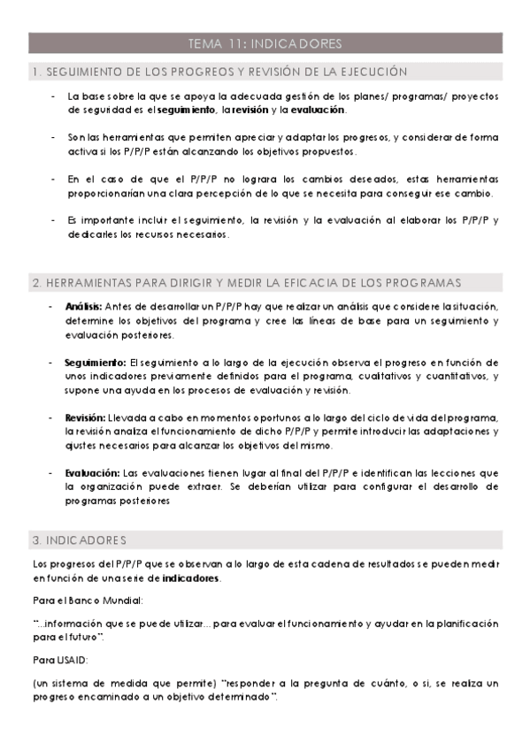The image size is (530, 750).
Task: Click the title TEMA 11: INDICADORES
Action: point(265,43)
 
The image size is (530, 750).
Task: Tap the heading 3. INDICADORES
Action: point(79,540)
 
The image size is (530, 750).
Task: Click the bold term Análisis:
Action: point(84,306)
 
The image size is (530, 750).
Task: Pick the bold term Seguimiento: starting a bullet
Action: point(96,363)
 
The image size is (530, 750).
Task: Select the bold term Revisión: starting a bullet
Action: point(86,417)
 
